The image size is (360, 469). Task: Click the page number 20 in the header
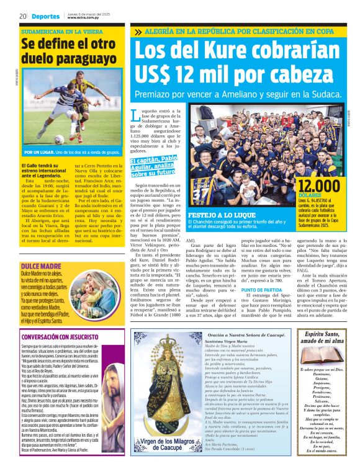(22, 16)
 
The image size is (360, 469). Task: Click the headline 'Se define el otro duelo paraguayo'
(68, 53)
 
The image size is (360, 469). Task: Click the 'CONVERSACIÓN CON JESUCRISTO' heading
(64, 337)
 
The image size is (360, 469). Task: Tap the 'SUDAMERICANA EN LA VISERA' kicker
(61, 30)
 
